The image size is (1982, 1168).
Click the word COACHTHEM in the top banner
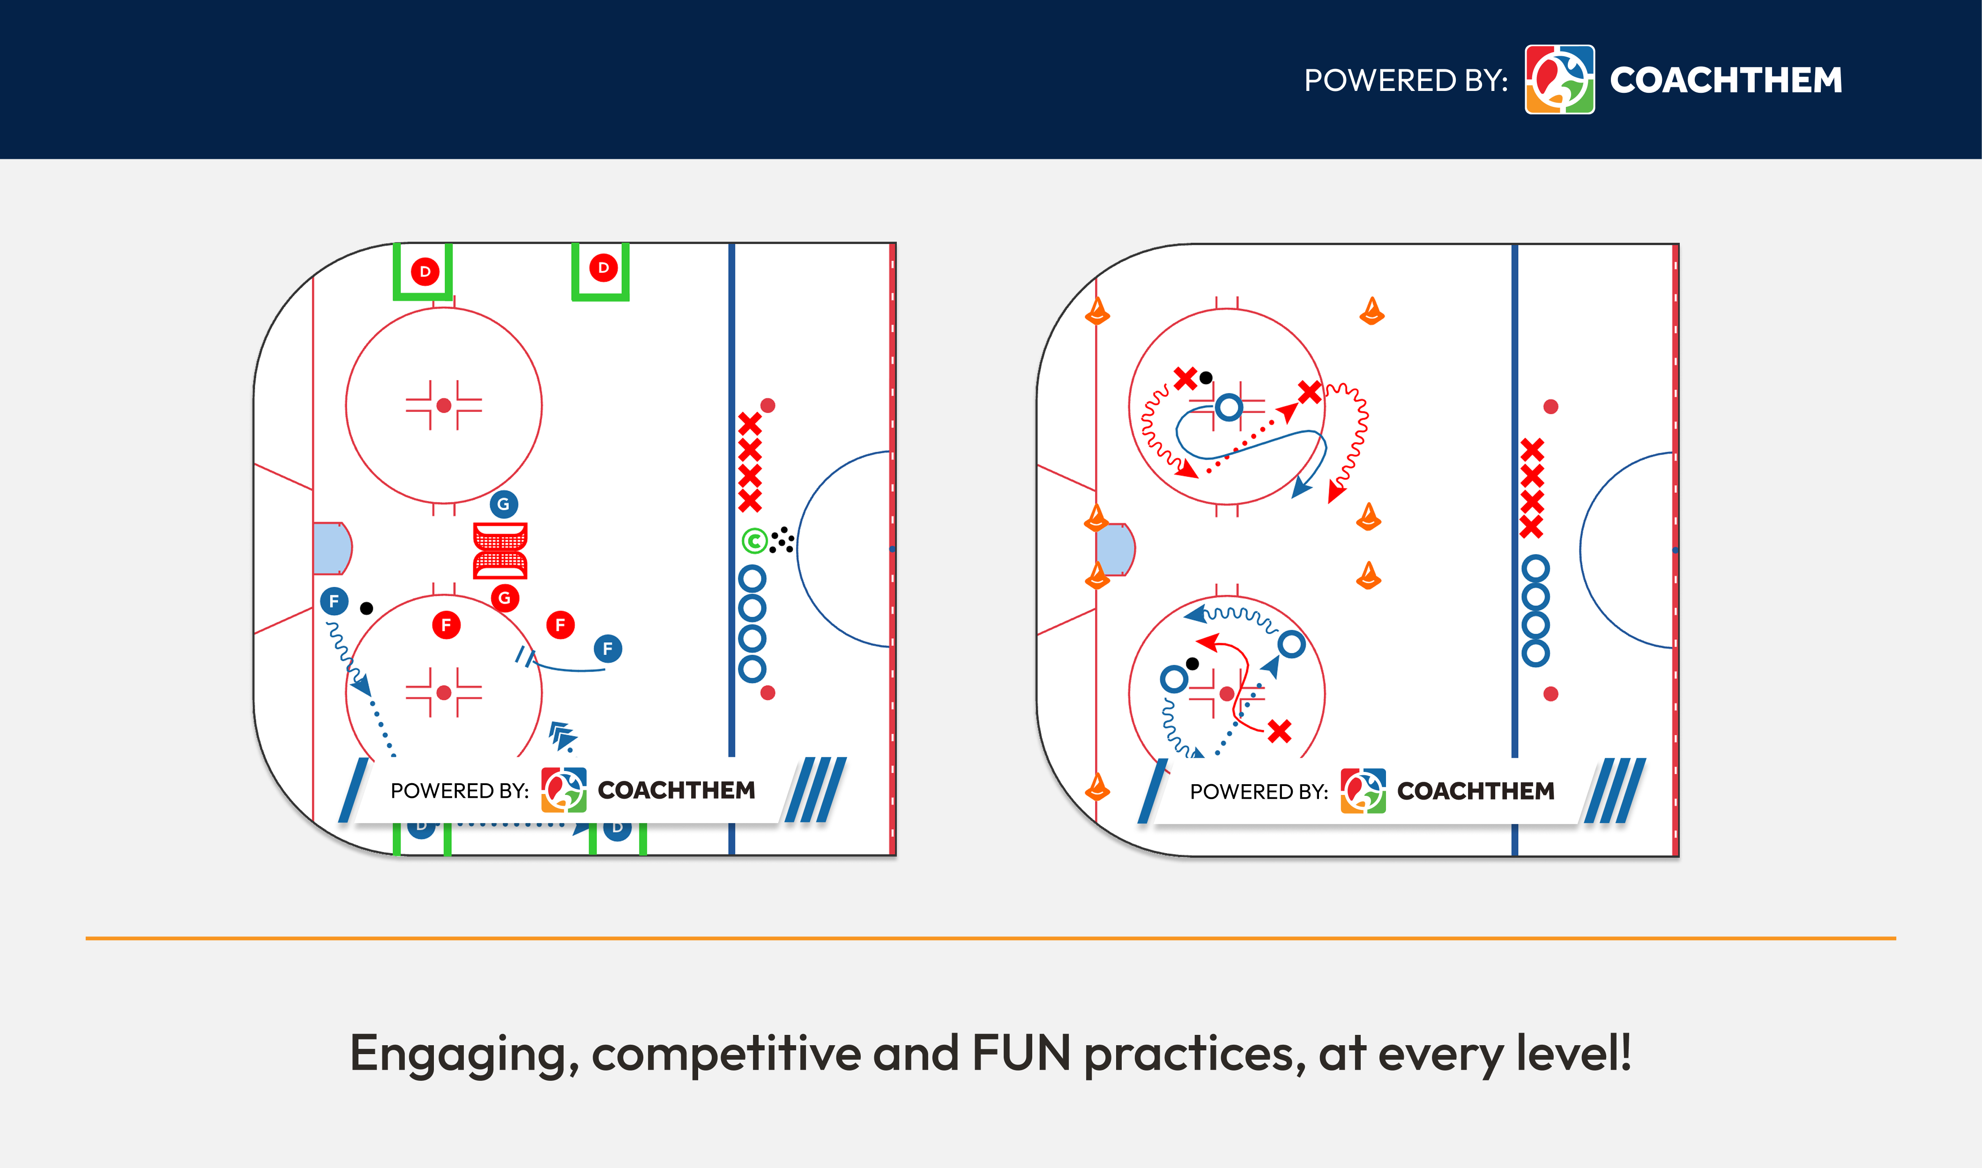1726,80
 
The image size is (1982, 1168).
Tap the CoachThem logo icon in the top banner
1559,80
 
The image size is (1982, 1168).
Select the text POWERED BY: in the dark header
1405,80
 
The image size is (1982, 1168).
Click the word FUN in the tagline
1021,1053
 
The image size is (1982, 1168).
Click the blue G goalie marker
504,504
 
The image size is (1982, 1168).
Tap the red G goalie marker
504,598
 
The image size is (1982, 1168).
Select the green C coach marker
754,541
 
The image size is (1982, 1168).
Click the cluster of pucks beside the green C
782,540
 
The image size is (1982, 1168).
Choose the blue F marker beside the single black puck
335,601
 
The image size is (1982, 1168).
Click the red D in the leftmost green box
425,271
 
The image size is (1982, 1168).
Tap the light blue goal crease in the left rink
330,548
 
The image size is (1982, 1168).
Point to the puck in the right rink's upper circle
1206,378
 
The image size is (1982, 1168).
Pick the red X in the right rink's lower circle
1279,731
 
